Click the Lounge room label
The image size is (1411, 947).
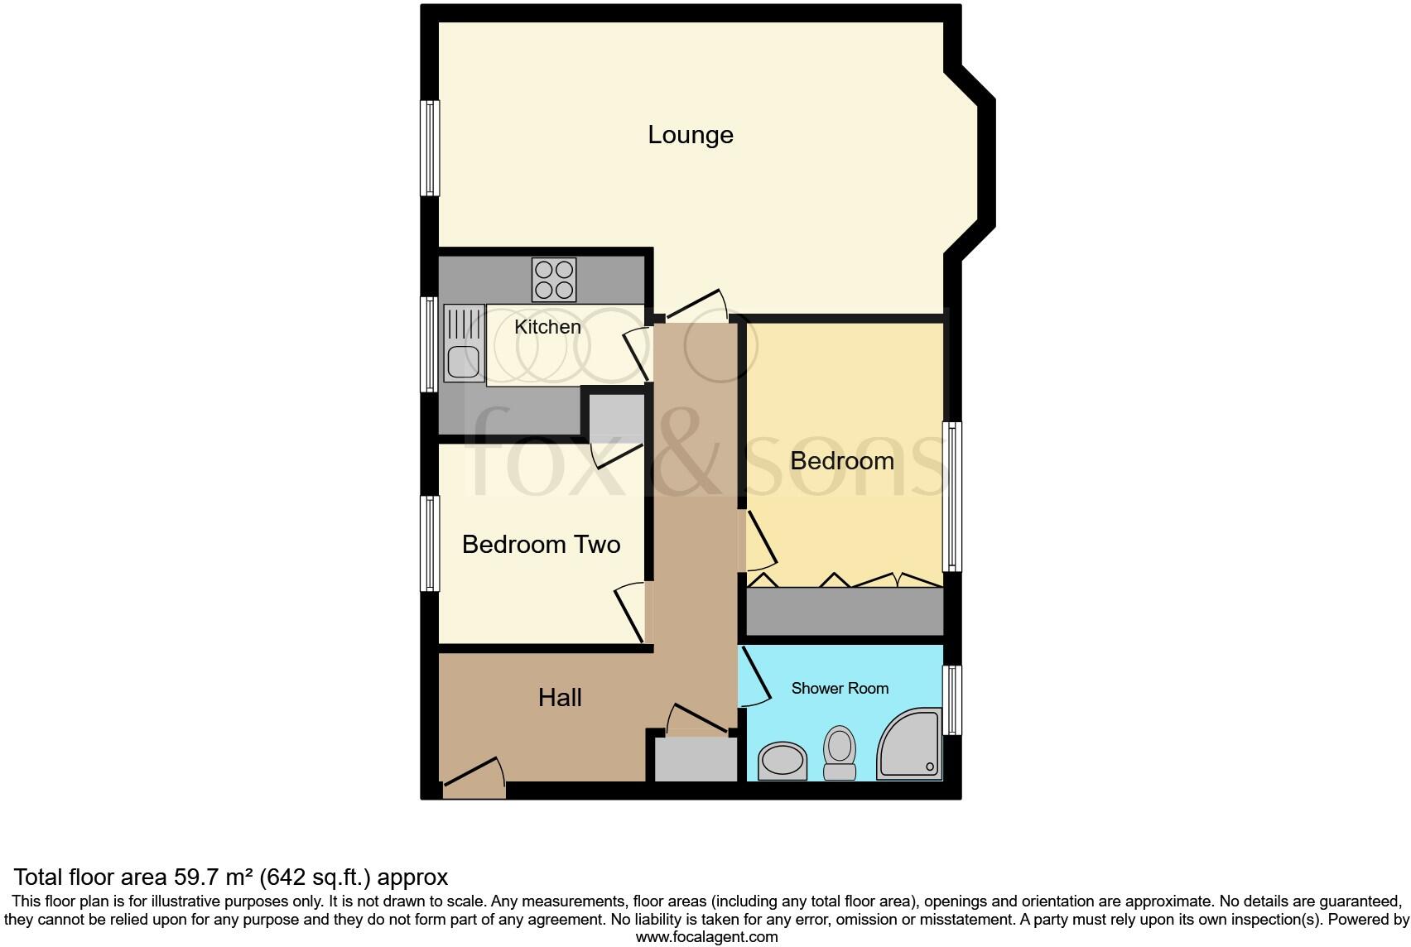pos(690,135)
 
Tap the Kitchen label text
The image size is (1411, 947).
pos(547,327)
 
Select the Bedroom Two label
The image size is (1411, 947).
pos(541,545)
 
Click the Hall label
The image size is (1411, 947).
pos(560,698)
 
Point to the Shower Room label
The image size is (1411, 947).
pos(840,688)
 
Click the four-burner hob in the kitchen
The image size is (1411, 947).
pos(554,280)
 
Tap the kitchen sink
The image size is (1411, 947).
pos(464,344)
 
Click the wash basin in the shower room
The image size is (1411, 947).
pos(783,760)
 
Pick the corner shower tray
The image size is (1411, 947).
pos(910,745)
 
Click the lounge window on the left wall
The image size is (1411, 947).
pos(429,148)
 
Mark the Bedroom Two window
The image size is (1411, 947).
pos(429,543)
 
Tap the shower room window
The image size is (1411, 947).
pos(953,700)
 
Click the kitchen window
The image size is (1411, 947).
pos(429,344)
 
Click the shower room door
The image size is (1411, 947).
pos(754,677)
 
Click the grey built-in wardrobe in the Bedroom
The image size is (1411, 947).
pos(845,611)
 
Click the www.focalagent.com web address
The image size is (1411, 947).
pos(706,937)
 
